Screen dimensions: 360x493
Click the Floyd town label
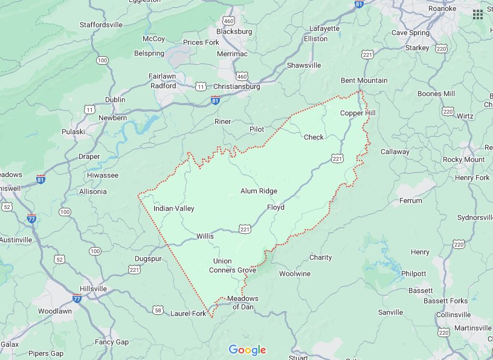(x=275, y=207)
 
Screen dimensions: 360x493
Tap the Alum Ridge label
(x=259, y=191)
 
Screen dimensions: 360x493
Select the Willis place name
(x=205, y=236)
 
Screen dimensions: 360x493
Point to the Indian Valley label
(x=174, y=208)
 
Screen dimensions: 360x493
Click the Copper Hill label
(x=358, y=113)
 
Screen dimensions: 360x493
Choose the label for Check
(x=314, y=137)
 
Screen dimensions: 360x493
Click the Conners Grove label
(x=233, y=270)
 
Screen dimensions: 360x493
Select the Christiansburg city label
(x=236, y=86)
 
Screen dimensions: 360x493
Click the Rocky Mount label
(x=463, y=159)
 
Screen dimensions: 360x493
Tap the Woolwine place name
(x=294, y=274)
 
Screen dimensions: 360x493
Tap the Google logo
(x=247, y=350)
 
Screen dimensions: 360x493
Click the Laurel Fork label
(x=188, y=313)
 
